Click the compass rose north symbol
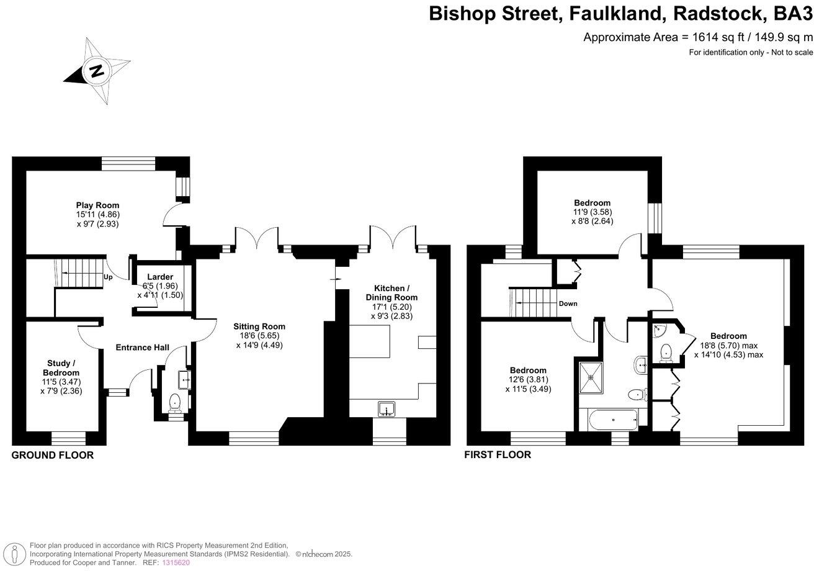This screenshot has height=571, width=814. click(x=96, y=70)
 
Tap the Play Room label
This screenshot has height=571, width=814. click(x=97, y=205)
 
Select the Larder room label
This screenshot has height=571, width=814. click(x=160, y=277)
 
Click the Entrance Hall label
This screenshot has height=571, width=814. click(x=143, y=348)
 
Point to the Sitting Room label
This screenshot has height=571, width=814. click(x=259, y=326)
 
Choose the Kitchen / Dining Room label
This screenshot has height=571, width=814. click(x=391, y=293)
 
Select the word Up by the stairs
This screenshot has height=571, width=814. click(x=108, y=277)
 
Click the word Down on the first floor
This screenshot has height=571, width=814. click(x=568, y=303)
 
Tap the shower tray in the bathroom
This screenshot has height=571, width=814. click(x=591, y=378)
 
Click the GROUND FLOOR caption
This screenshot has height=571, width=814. click(x=53, y=456)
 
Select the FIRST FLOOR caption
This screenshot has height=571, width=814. click(x=498, y=455)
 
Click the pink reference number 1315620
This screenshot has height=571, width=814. click(x=176, y=562)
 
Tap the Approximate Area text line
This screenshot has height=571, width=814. click(x=698, y=37)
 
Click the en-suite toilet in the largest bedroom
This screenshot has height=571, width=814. click(x=666, y=352)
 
